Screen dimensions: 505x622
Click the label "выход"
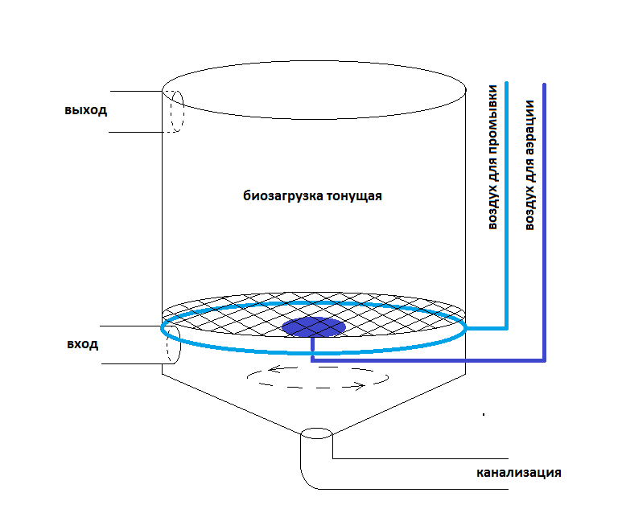click(86, 109)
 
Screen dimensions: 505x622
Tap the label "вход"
click(83, 344)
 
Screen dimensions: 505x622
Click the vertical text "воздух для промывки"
click(492, 157)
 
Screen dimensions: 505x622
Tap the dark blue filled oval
click(313, 326)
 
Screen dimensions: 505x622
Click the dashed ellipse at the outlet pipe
click(176, 110)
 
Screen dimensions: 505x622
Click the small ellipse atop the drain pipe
click(316, 435)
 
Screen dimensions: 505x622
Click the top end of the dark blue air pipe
click(545, 85)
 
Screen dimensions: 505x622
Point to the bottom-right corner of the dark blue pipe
click(545, 359)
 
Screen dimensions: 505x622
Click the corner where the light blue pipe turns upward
click(506, 327)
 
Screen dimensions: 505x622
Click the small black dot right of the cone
click(483, 415)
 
